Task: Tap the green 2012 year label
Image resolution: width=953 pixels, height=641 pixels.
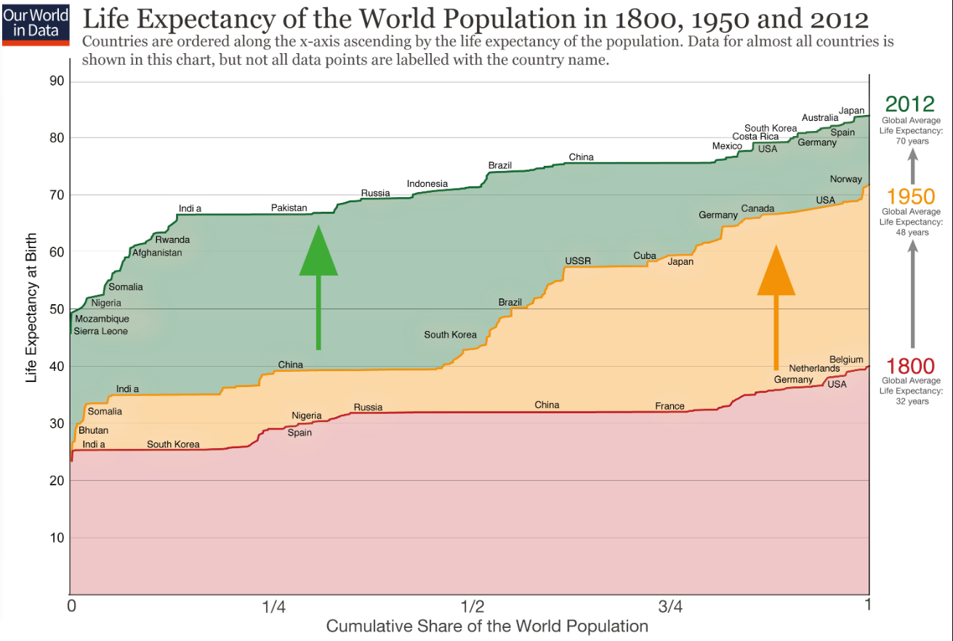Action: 909,103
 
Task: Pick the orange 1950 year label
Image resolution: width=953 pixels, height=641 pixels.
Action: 909,196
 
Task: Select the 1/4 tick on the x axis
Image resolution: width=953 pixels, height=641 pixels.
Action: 273,606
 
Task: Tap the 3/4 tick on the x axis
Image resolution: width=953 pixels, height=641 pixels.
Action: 670,606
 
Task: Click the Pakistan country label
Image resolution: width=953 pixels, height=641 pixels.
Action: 289,208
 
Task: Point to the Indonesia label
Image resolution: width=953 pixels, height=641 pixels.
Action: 427,184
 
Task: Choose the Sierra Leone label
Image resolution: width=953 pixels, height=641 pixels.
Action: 100,332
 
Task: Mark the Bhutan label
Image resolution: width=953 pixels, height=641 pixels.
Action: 93,431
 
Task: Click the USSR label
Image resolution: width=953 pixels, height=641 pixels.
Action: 578,261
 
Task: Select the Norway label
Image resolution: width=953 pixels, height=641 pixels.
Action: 845,180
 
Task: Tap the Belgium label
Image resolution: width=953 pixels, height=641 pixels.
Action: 846,360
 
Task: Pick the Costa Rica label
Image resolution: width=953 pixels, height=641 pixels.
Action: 755,137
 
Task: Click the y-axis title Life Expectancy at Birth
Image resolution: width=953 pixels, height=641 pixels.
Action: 31,309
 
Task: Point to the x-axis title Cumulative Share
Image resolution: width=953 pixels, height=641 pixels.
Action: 486,626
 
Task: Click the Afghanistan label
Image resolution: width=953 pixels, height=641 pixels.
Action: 157,253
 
